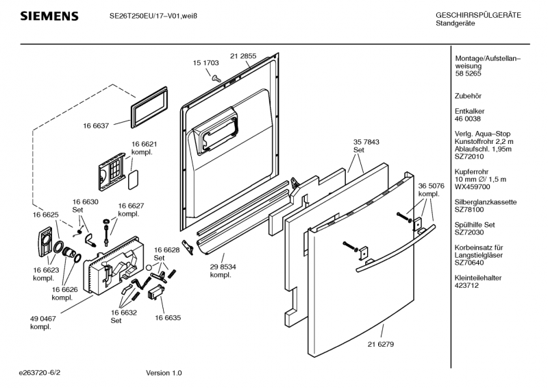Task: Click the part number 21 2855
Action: (x=243, y=56)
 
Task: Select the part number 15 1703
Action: (x=206, y=62)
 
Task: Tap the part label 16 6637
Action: (x=97, y=125)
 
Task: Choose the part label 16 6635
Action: (x=168, y=317)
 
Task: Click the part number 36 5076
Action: (x=432, y=186)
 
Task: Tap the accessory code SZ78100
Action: (x=471, y=210)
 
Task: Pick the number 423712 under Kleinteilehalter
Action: (x=467, y=285)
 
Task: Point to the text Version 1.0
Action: (x=164, y=373)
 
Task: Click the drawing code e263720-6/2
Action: (x=44, y=373)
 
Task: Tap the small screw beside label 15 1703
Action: (x=216, y=77)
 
